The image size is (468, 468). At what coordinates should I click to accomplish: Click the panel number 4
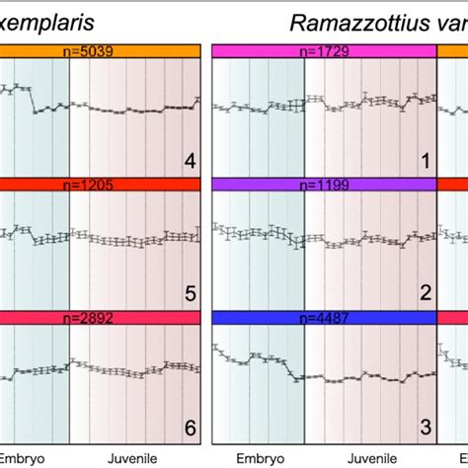189,161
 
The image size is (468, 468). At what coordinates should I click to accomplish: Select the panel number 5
189,293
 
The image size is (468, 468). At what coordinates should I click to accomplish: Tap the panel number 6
189,427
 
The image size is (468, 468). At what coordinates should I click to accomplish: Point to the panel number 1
425,161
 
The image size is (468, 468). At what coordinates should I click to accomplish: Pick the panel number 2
425,293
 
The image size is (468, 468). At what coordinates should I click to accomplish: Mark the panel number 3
425,427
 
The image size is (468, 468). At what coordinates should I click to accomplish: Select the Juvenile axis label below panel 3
370,457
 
